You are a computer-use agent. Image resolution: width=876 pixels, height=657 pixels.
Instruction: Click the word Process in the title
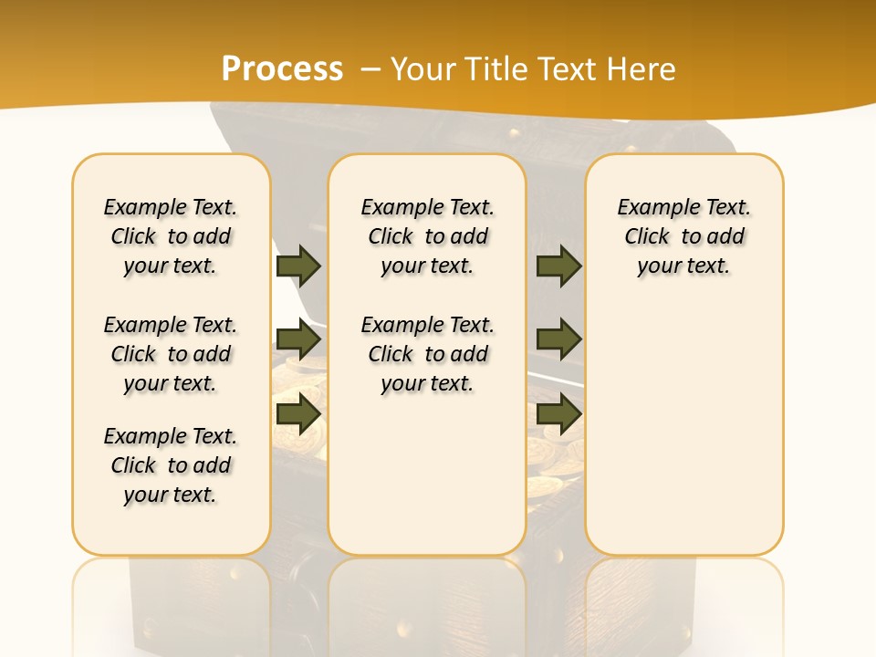tap(282, 68)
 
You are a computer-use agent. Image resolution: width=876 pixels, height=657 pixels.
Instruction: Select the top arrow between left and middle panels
tap(298, 266)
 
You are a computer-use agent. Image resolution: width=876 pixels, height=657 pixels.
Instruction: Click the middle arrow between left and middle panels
tap(298, 339)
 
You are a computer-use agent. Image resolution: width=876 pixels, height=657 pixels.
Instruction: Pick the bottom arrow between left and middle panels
tap(298, 414)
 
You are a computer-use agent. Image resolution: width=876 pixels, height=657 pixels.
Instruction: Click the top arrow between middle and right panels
tap(558, 266)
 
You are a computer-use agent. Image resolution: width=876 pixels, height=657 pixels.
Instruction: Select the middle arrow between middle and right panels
tap(558, 339)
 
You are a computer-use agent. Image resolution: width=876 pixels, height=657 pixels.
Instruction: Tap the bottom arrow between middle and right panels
tap(558, 414)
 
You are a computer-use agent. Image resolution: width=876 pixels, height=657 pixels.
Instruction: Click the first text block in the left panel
tap(171, 236)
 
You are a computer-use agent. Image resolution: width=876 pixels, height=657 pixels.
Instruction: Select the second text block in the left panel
tap(171, 354)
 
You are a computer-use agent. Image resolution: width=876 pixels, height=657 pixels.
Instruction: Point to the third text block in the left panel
tap(171, 465)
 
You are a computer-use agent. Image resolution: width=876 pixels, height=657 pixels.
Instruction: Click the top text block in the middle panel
tap(428, 236)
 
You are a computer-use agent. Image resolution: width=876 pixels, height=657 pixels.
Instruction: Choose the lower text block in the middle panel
tap(428, 354)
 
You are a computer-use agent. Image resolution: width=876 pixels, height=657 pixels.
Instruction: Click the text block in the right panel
tap(684, 236)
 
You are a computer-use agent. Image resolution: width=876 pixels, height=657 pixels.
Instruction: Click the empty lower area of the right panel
tap(684, 429)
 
